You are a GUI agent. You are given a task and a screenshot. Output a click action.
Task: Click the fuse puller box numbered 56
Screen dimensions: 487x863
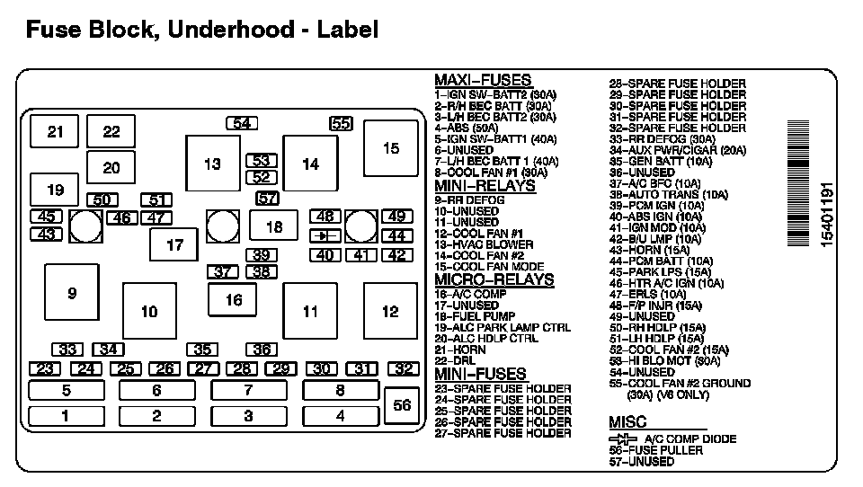pyautogui.click(x=402, y=405)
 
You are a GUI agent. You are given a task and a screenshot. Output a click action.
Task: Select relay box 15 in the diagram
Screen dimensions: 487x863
pyautogui.click(x=390, y=148)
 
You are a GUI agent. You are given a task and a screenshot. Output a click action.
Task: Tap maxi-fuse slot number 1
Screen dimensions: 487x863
pyautogui.click(x=66, y=416)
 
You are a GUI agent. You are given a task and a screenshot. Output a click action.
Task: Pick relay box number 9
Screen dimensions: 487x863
pyautogui.click(x=72, y=293)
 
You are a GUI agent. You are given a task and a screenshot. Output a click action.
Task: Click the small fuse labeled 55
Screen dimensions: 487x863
pyautogui.click(x=341, y=124)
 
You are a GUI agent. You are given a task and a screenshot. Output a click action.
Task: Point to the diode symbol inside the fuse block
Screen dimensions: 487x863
pyautogui.click(x=324, y=235)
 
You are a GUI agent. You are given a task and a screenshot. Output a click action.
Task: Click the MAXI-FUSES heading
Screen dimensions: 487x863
pyautogui.click(x=482, y=80)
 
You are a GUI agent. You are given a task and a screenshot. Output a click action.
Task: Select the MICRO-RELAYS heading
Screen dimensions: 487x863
pyautogui.click(x=494, y=280)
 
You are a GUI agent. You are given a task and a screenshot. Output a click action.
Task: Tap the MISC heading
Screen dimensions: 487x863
pyautogui.click(x=627, y=422)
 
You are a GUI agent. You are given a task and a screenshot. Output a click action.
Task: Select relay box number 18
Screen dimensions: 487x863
pyautogui.click(x=274, y=226)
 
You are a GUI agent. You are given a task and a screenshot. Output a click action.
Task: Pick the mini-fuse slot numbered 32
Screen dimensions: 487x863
pyautogui.click(x=405, y=368)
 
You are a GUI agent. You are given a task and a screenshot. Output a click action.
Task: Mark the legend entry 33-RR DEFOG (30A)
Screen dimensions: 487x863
pyautogui.click(x=662, y=139)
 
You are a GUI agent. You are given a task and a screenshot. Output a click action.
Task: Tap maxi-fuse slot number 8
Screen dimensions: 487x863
pyautogui.click(x=340, y=390)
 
